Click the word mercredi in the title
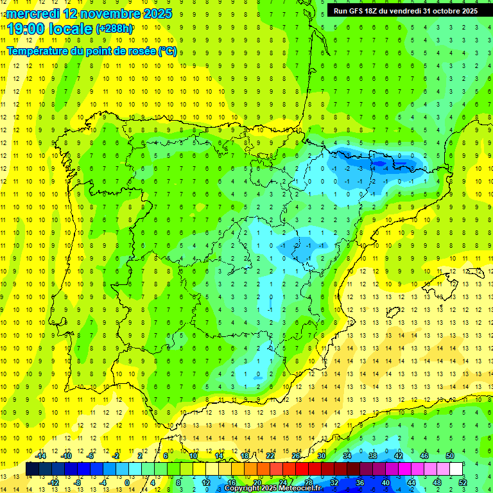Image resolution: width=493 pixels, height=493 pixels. pyautogui.click(x=33, y=13)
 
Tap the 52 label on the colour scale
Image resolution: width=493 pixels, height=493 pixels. pyautogui.click(x=463, y=482)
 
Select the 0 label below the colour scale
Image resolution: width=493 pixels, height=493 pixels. pyautogui.click(x=127, y=482)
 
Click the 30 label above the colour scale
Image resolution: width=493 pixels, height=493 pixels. pyautogui.click(x=322, y=456)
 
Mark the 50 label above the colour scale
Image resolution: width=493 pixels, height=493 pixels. pyautogui.click(x=450, y=456)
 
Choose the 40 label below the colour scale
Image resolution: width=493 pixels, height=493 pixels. pyautogui.click(x=386, y=482)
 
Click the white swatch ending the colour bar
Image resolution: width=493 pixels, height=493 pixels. pyautogui.click(x=456, y=469)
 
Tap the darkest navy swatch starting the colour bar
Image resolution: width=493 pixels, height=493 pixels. pyautogui.click(x=32, y=469)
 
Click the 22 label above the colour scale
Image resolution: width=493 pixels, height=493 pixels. pyautogui.click(x=270, y=456)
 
